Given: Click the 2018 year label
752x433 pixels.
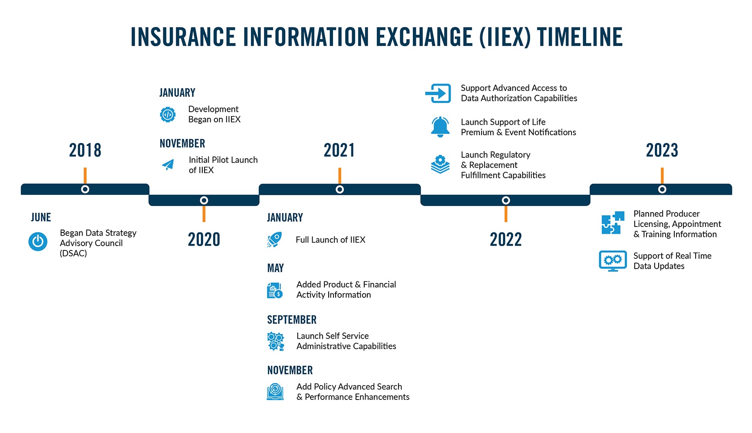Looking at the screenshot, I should [x=85, y=150].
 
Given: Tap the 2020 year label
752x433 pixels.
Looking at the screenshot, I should [x=204, y=240].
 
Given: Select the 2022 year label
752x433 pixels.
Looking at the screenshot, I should [x=505, y=240].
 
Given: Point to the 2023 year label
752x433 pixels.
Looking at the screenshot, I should [x=662, y=150].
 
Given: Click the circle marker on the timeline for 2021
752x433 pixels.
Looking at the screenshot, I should [x=340, y=190].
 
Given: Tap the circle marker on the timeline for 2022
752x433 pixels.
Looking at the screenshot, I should [x=505, y=200].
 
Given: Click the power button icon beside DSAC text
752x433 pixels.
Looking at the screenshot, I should [x=38, y=242].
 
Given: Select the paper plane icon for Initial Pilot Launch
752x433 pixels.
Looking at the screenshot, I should [x=168, y=165].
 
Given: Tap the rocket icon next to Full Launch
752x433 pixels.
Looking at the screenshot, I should [x=274, y=240].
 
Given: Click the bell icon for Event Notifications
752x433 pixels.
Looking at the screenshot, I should [x=440, y=127].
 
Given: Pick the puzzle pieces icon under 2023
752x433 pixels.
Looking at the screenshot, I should [x=613, y=223].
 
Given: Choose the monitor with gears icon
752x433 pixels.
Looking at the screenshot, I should [x=613, y=261].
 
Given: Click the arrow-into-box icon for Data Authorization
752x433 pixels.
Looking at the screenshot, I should [x=438, y=93].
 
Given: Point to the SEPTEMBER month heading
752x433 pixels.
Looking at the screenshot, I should [x=292, y=320].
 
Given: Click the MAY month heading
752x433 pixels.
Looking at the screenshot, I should [x=275, y=268].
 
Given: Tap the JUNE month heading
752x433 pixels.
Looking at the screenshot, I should [x=41, y=217].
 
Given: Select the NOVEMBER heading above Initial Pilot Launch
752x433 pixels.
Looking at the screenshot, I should [x=182, y=143].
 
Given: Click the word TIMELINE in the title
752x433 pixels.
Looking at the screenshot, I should [x=580, y=37].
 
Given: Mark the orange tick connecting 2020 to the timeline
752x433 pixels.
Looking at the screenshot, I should [x=204, y=214].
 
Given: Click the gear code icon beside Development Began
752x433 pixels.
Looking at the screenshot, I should [x=168, y=114].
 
